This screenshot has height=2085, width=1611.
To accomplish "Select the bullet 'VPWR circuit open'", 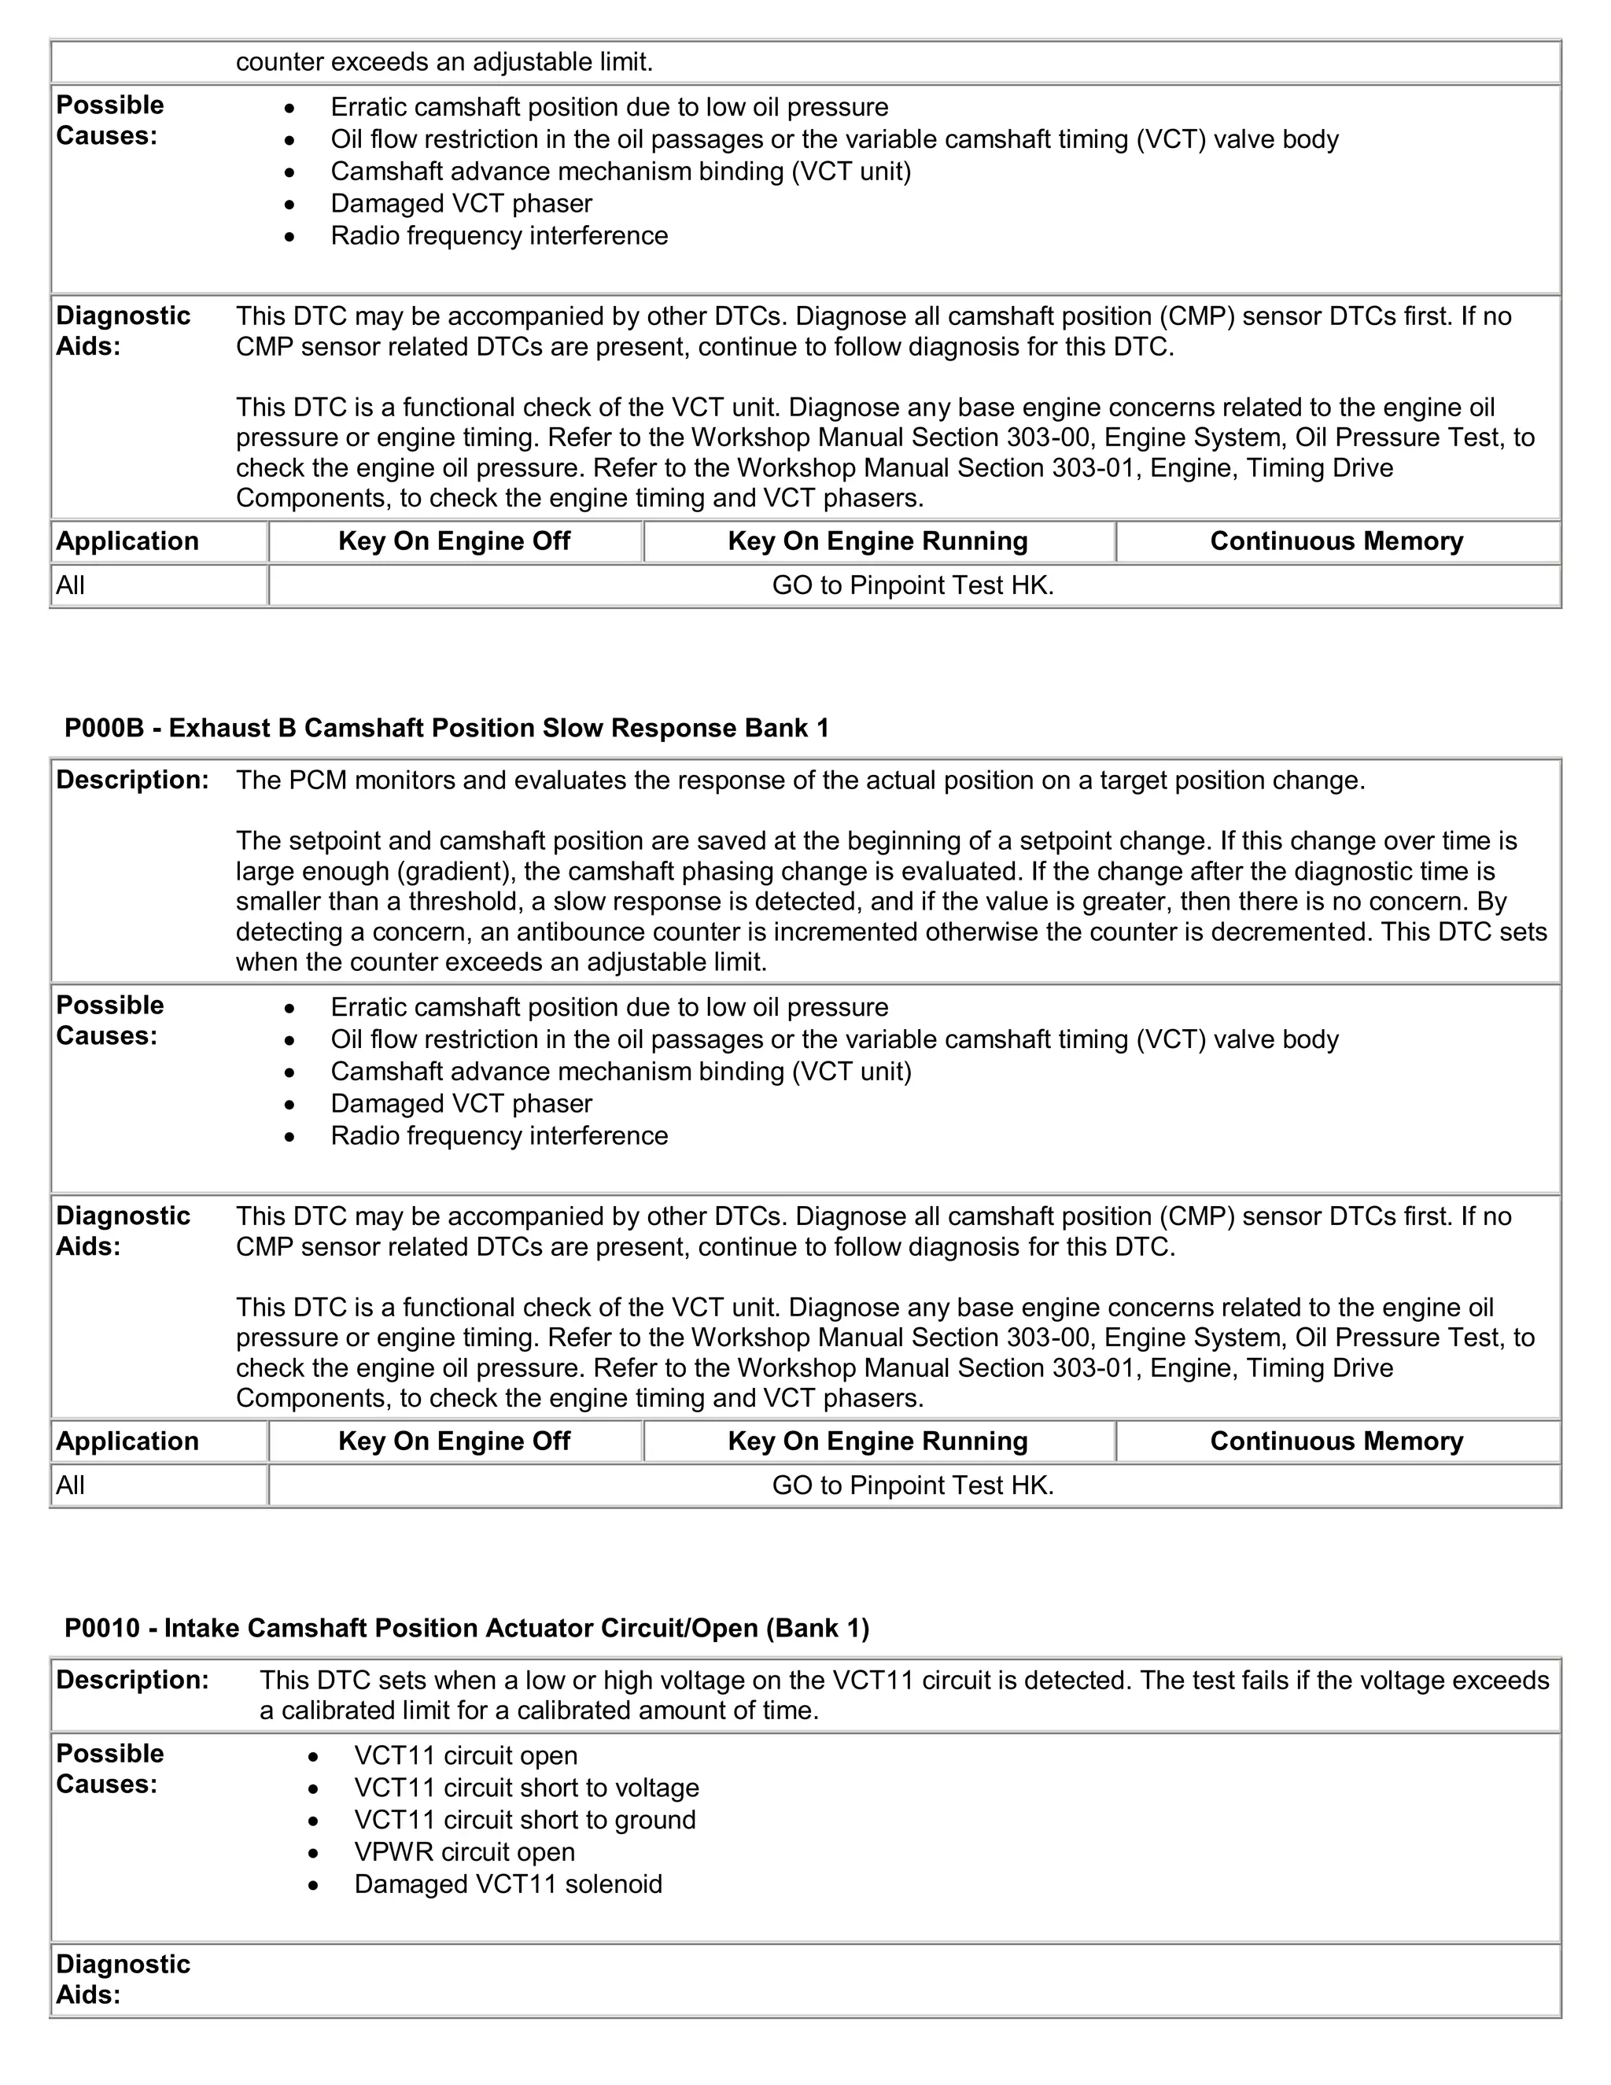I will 464,1852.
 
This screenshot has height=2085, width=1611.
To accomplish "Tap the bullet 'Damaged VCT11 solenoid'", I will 507,1884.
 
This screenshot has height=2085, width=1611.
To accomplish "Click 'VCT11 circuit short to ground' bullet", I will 524,1820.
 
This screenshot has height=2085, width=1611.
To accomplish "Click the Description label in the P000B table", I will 131,780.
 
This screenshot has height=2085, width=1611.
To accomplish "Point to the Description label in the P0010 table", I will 131,1681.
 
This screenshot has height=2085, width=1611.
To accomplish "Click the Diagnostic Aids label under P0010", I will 122,1979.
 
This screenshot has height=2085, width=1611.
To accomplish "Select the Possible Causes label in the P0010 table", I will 110,1768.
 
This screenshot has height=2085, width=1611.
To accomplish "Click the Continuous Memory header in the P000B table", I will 1336,1441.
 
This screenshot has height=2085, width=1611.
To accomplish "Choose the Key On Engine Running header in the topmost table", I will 877,541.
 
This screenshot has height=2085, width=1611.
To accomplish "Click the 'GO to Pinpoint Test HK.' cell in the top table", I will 912,585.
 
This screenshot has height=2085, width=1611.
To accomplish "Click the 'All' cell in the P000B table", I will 71,1485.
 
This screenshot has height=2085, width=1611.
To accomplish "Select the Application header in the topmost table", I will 127,541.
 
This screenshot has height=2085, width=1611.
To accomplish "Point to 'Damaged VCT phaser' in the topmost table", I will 461,203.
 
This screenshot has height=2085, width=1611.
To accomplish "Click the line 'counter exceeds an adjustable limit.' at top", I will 444,62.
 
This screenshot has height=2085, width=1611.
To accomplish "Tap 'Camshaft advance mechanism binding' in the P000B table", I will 621,1071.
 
